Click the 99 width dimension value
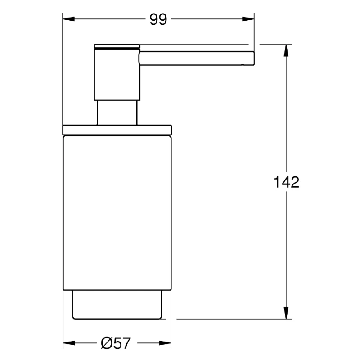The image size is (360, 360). click(158, 19)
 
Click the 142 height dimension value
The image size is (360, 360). click(287, 182)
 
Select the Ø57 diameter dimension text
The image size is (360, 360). click(116, 343)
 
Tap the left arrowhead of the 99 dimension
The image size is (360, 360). click(69, 19)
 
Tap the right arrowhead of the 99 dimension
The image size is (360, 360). click(248, 19)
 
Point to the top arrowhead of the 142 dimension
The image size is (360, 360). click(286, 50)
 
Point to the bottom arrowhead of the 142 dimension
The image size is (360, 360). click(286, 313)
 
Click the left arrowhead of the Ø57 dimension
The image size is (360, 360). click(69, 343)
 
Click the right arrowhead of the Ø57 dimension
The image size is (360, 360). click(165, 343)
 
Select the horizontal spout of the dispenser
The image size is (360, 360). click(197, 58)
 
